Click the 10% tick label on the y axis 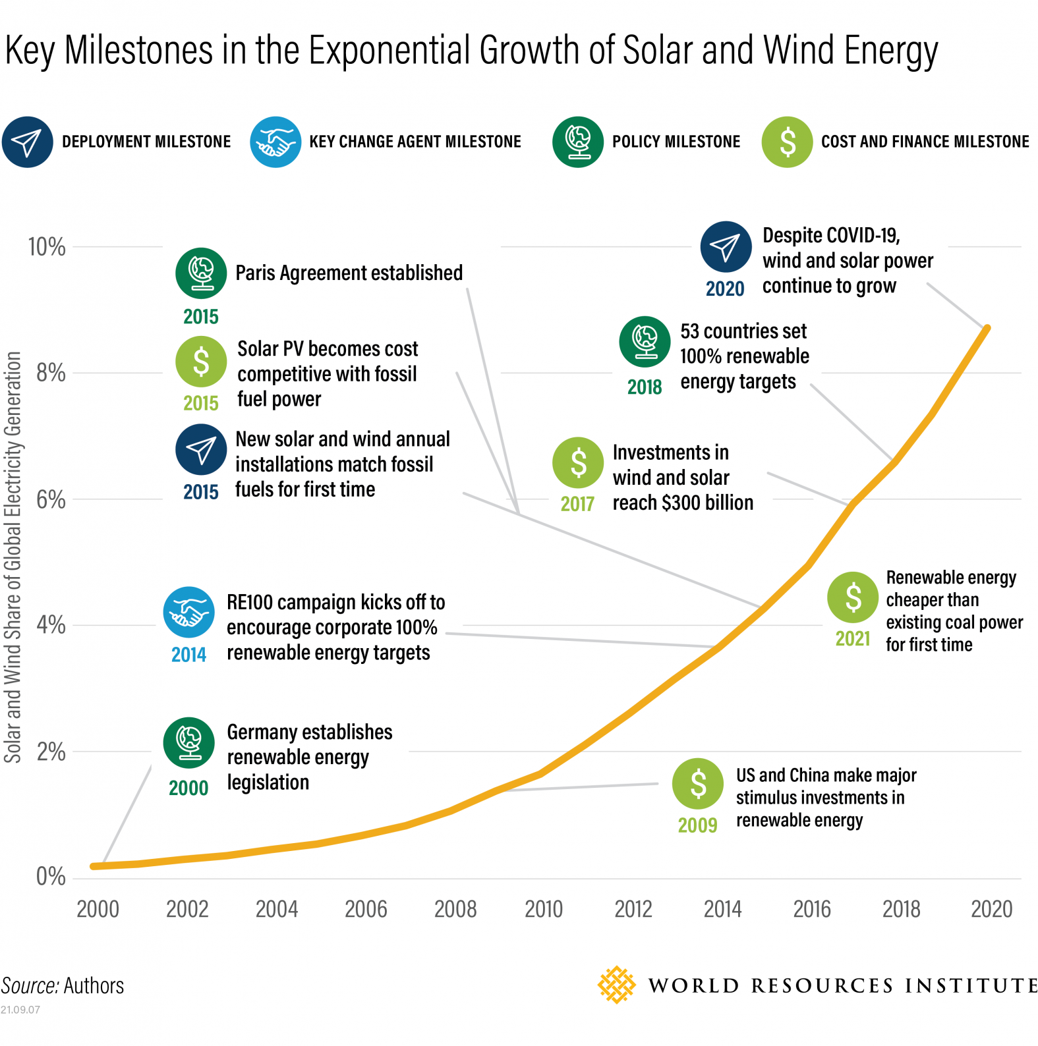tap(46, 248)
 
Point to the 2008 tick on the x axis tap(455, 910)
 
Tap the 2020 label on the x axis tap(991, 910)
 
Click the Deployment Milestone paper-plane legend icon tap(27, 142)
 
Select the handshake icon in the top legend tap(275, 142)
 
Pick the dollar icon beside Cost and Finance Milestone tap(787, 142)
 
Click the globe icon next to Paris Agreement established tap(201, 273)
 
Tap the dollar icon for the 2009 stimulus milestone tap(697, 784)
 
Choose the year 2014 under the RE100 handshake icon tap(188, 655)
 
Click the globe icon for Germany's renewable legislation tap(189, 743)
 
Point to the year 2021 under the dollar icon tap(853, 639)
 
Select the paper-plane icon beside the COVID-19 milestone tap(726, 247)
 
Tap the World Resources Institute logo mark tap(616, 985)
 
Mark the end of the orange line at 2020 tap(987, 328)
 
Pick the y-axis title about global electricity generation tap(13, 557)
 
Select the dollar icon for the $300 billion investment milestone tap(578, 462)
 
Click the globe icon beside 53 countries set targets tap(645, 342)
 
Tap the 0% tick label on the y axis tap(50, 877)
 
